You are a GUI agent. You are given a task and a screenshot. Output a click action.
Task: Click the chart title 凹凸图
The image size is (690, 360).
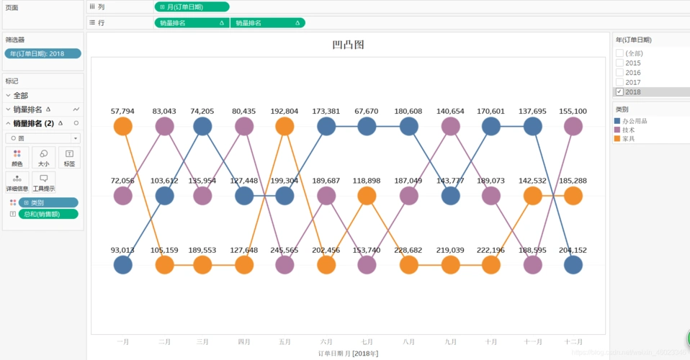pyautogui.click(x=348, y=45)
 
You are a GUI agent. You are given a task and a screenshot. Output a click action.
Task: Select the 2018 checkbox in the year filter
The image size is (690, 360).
pyautogui.click(x=619, y=92)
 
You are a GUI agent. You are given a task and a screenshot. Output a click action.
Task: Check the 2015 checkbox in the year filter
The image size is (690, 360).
pyautogui.click(x=619, y=63)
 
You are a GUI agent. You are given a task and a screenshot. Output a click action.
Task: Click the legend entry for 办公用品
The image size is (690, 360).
pyautogui.click(x=634, y=121)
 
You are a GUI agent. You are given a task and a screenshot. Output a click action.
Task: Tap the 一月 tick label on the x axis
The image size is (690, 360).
pyautogui.click(x=122, y=342)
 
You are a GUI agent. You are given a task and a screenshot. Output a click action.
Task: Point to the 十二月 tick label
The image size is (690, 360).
pyautogui.click(x=573, y=342)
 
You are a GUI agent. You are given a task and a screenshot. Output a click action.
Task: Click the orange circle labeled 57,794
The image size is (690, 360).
pyautogui.click(x=123, y=127)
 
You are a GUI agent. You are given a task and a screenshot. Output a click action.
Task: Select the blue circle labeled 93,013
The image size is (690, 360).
pyautogui.click(x=123, y=265)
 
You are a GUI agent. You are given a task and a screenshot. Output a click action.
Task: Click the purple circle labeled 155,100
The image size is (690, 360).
pyautogui.click(x=573, y=127)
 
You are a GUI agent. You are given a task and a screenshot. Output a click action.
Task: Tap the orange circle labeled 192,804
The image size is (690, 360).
pyautogui.click(x=284, y=127)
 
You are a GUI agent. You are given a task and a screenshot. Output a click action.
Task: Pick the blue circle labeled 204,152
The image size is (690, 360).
pyautogui.click(x=573, y=265)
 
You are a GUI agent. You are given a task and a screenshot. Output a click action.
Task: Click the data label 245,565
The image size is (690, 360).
pyautogui.click(x=284, y=250)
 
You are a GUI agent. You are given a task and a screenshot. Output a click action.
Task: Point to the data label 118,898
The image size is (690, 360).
pyautogui.click(x=367, y=181)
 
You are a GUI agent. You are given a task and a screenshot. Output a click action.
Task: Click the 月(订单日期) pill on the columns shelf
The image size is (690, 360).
pyautogui.click(x=192, y=6)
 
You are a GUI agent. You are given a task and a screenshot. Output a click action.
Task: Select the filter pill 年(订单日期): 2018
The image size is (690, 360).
pyautogui.click(x=42, y=53)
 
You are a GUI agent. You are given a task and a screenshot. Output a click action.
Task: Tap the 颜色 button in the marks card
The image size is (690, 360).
pyautogui.click(x=17, y=157)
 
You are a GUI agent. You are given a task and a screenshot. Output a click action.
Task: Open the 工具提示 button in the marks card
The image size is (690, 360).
pyautogui.click(x=43, y=182)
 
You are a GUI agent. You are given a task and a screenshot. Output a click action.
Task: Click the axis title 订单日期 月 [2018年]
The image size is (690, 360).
pyautogui.click(x=348, y=354)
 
